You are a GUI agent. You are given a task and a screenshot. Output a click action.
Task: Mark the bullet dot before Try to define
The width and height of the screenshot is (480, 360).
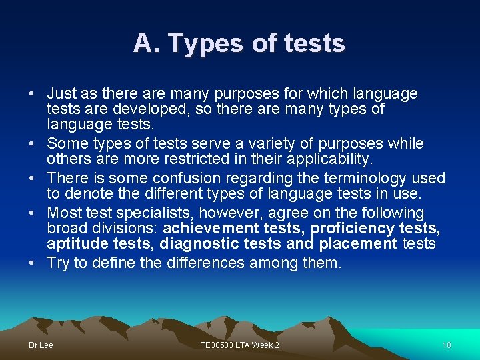pos(33,263)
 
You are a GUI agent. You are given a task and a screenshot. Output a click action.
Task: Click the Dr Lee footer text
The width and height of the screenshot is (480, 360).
pos(41,345)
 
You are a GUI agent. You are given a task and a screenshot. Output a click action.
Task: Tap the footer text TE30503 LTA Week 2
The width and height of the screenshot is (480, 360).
pos(240,345)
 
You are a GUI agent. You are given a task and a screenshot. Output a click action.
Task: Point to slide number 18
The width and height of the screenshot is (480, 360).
pos(447,345)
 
